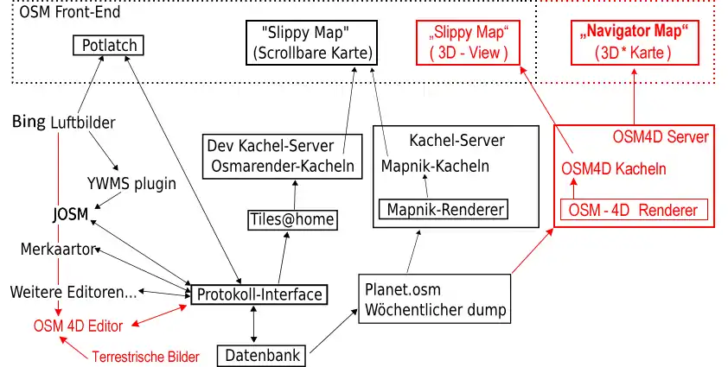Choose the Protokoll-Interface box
click(259, 294)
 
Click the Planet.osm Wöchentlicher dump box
click(435, 298)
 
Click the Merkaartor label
click(56, 250)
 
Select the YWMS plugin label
click(131, 183)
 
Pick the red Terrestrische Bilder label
click(145, 356)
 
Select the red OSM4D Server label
click(661, 136)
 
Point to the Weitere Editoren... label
click(73, 292)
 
